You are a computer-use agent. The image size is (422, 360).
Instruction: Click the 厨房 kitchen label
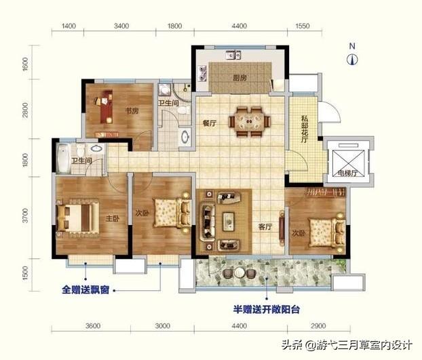239,78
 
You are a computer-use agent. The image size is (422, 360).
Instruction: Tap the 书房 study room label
132,111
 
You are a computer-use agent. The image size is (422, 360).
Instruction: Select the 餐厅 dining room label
210,123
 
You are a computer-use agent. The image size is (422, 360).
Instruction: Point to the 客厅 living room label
265,226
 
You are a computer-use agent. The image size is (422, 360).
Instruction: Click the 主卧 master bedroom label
112,218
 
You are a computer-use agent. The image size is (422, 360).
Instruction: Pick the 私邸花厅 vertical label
305,129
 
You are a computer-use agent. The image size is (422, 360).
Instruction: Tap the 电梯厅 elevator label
347,173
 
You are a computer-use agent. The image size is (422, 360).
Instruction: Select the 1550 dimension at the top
303,26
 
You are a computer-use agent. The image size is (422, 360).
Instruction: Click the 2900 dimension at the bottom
318,326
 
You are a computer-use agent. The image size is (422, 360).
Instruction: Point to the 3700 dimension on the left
26,216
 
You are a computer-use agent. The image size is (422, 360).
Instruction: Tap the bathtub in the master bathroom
64,159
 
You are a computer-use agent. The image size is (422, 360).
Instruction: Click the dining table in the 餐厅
250,121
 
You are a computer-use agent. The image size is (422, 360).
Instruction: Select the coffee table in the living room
229,221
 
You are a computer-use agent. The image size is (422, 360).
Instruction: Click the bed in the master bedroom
77,218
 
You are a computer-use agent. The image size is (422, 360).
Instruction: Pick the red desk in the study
107,106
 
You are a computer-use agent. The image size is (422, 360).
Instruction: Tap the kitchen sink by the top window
233,55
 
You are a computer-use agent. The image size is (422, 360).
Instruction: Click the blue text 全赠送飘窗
85,289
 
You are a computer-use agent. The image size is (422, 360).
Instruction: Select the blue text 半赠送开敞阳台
267,309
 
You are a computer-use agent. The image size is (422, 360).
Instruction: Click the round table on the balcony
239,273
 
